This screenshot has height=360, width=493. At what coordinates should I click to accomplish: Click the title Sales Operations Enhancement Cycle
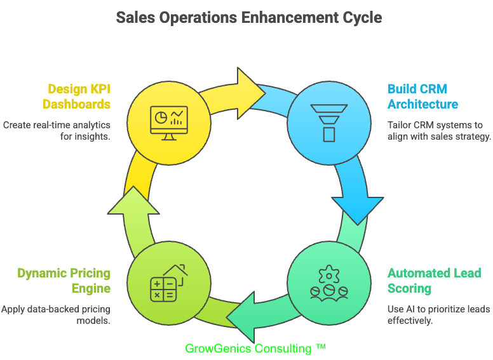pyautogui.click(x=249, y=17)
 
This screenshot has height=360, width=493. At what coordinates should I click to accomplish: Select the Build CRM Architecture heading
pyautogui.click(x=422, y=96)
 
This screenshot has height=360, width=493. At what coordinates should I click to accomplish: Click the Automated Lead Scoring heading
pyautogui.click(x=434, y=281)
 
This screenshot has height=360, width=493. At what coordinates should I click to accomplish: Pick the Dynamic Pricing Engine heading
pyautogui.click(x=64, y=281)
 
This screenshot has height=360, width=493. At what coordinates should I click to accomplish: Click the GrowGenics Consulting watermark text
pyautogui.click(x=255, y=349)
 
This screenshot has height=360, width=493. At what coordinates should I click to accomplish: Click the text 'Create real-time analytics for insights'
pyautogui.click(x=57, y=131)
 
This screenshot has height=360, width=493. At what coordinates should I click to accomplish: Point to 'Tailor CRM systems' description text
pyautogui.click(x=439, y=131)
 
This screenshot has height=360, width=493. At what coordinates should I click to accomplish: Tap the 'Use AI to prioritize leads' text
pyautogui.click(x=438, y=315)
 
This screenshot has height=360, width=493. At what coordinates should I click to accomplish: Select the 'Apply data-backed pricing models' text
pyautogui.click(x=56, y=315)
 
